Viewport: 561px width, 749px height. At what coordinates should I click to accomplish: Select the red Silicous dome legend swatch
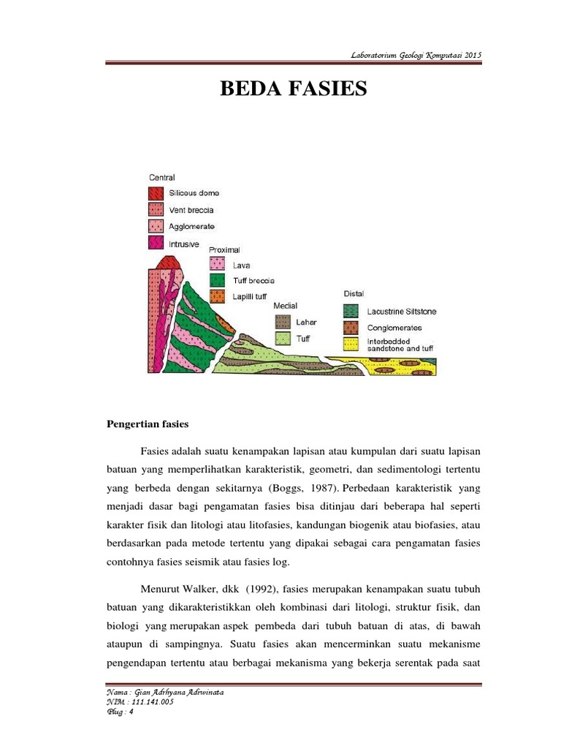click(x=156, y=194)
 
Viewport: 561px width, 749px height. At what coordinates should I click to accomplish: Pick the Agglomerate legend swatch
click(x=156, y=226)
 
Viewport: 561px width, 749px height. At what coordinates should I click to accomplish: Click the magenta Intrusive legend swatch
click(x=156, y=242)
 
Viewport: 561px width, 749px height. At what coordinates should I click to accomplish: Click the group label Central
click(x=161, y=178)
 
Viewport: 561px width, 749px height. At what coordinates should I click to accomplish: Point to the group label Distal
click(x=354, y=294)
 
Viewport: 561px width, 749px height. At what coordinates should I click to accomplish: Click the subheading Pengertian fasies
click(x=147, y=424)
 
